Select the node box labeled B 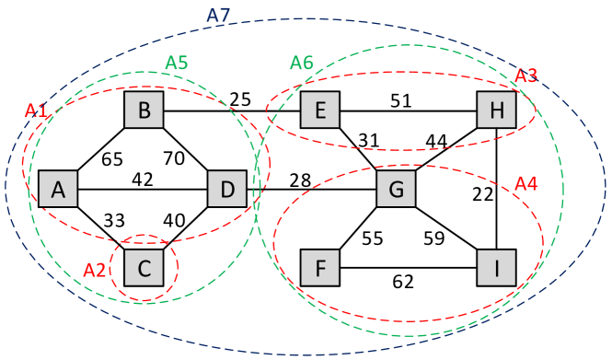click(x=144, y=110)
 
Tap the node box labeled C click(x=144, y=268)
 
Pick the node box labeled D click(x=227, y=190)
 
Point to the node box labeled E click(x=320, y=110)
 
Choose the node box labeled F click(x=320, y=268)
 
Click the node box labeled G click(x=397, y=189)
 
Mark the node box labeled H click(x=497, y=110)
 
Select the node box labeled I click(x=497, y=268)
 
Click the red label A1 click(x=36, y=110)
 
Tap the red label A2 click(x=95, y=271)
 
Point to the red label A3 click(x=525, y=75)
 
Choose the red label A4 click(x=525, y=184)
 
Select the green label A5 click(x=177, y=63)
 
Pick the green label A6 click(x=302, y=63)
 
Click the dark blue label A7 click(x=218, y=15)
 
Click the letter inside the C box click(x=144, y=269)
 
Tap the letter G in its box click(x=397, y=190)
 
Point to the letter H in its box click(x=497, y=111)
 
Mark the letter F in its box click(x=320, y=269)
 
